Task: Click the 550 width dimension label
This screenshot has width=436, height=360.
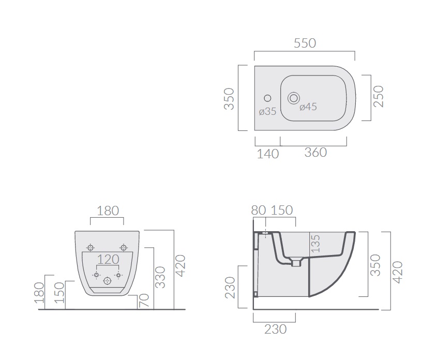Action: [305, 43]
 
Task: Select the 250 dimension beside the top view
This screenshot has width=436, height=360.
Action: [379, 96]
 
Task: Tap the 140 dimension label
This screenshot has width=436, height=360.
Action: [267, 154]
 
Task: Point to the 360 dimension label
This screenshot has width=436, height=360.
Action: [315, 153]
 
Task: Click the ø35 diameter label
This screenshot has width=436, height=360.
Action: [267, 112]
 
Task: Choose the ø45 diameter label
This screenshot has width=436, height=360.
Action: [308, 107]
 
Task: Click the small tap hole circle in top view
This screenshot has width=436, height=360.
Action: [267, 98]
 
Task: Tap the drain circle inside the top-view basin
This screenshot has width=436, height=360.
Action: [293, 98]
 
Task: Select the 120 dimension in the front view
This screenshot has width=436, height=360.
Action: [108, 259]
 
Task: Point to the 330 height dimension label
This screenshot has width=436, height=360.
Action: [160, 277]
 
